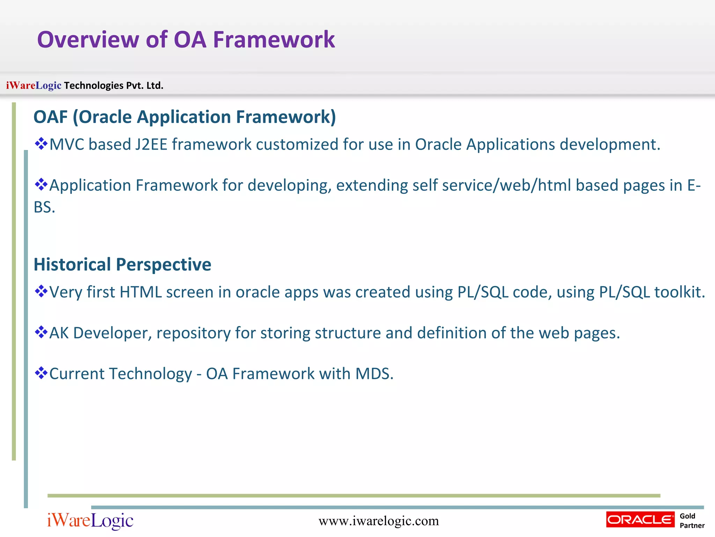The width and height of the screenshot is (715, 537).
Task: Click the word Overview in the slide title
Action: [88, 40]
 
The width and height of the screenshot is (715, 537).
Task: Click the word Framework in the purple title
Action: [274, 40]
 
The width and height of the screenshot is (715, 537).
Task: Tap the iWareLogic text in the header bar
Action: [34, 85]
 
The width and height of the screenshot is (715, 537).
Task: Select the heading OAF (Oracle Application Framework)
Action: [184, 117]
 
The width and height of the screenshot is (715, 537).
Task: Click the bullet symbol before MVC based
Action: [41, 144]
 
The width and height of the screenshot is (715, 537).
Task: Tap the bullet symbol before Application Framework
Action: [41, 184]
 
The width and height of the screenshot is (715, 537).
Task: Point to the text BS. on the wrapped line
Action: [44, 207]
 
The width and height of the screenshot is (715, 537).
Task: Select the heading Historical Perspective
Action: [122, 264]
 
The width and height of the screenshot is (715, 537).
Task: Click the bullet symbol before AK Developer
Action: [41, 332]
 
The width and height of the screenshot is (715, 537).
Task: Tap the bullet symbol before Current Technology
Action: [41, 373]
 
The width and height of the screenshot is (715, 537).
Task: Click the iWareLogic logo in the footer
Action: [90, 521]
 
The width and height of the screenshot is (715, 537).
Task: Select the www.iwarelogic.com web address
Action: [378, 521]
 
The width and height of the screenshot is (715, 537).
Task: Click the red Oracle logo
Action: [640, 520]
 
